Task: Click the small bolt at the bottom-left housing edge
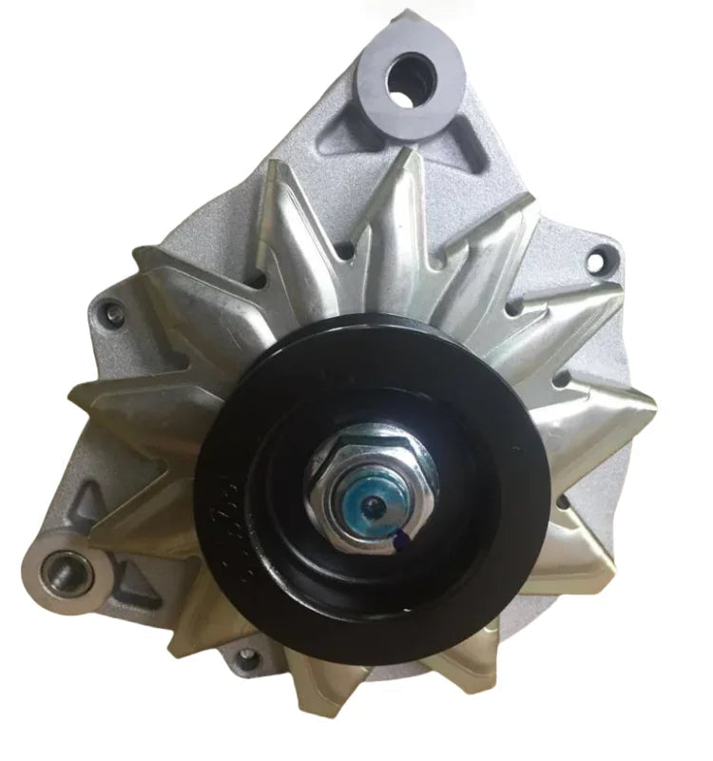[248, 655]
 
